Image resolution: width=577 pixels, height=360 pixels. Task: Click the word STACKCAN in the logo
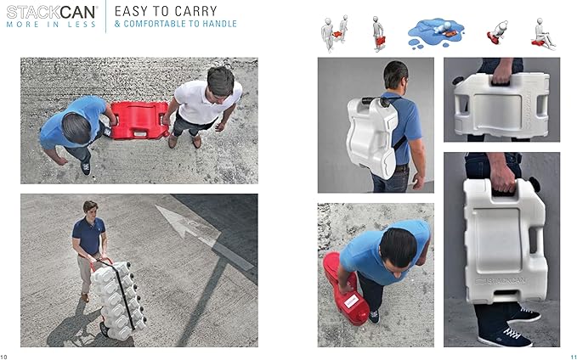click(51, 12)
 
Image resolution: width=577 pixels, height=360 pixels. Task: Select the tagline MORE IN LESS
click(51, 25)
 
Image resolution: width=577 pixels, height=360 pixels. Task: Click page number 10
click(3, 357)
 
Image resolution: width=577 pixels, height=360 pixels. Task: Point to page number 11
click(574, 357)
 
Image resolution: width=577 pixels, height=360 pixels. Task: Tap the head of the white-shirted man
click(220, 82)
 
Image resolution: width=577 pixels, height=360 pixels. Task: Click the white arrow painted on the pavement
click(188, 224)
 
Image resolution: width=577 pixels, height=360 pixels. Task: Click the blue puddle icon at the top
click(436, 33)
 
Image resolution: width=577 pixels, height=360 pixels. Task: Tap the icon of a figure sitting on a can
click(543, 35)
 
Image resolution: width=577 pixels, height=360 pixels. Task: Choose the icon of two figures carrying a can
click(334, 33)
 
